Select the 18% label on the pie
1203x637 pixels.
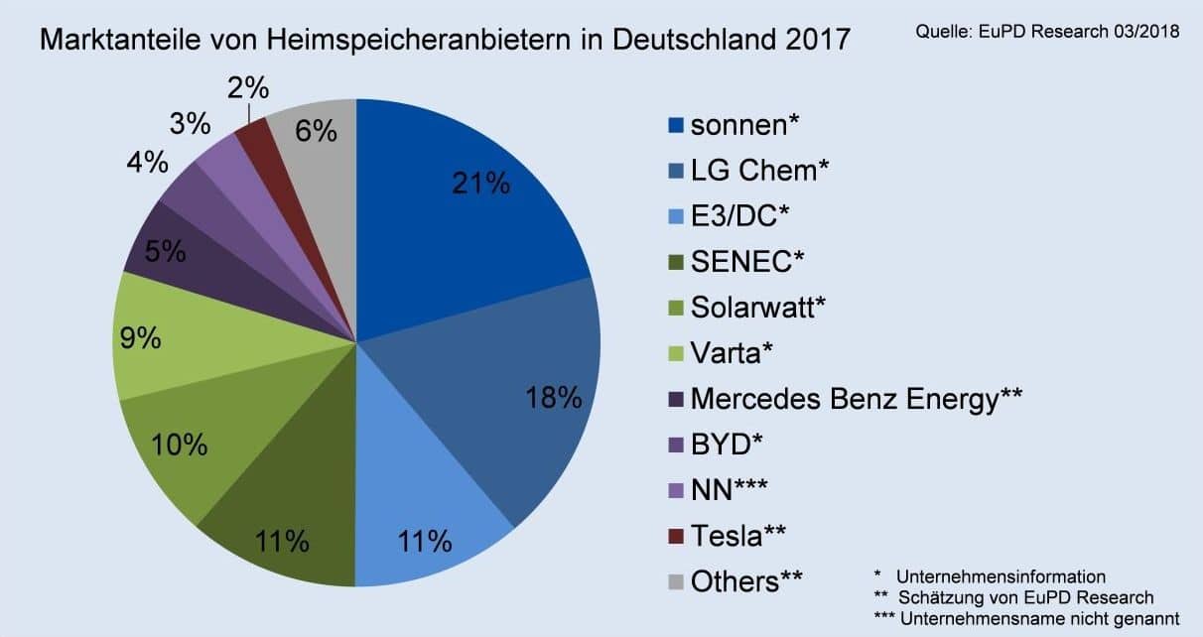554,398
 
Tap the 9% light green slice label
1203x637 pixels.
140,338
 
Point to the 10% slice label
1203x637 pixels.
180,445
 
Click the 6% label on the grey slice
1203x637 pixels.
316,130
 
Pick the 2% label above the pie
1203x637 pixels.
247,88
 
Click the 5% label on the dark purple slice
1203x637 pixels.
164,251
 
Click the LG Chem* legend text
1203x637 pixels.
759,172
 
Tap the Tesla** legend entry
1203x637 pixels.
740,536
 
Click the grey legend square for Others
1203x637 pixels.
677,581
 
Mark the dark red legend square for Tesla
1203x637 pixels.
677,537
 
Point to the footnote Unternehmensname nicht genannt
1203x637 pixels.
1037,618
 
